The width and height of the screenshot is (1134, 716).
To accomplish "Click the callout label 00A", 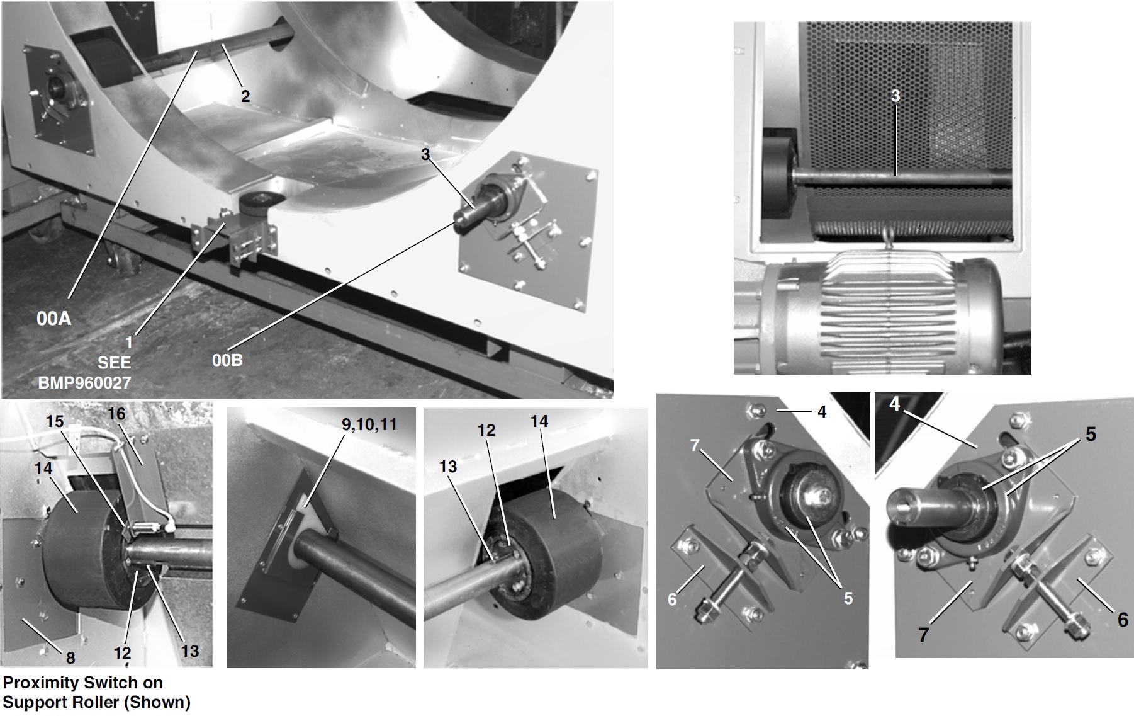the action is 53,319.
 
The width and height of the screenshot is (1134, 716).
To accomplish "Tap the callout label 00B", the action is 227,360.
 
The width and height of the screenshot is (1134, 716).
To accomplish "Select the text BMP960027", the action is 84,382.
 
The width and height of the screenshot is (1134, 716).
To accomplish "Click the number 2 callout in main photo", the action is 245,96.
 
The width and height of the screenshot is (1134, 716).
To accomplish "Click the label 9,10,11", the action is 369,424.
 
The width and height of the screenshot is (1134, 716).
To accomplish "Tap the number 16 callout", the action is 116,414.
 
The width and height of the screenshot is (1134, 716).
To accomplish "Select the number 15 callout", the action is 55,421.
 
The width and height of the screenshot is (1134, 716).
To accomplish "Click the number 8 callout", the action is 70,658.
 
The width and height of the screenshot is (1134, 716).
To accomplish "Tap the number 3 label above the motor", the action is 895,95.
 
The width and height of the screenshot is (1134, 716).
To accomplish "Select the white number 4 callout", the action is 895,404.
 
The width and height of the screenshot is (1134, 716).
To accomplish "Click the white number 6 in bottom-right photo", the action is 672,599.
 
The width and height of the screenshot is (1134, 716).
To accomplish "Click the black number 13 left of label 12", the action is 447,467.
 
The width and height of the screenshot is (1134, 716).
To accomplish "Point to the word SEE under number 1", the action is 114,363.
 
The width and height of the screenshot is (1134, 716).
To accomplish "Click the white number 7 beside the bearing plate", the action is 695,446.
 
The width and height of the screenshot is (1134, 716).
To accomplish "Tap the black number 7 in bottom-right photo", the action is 923,634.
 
